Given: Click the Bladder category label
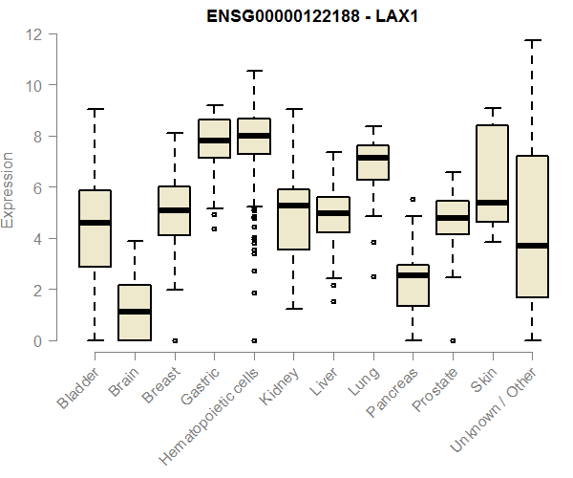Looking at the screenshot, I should click(79, 388).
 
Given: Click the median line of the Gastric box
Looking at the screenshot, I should click(214, 141).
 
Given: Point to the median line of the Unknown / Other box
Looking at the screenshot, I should click(531, 246).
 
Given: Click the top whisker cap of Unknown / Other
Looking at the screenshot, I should click(531, 41).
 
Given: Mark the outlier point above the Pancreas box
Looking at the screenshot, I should click(413, 200).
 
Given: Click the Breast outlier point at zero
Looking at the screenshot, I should click(175, 340).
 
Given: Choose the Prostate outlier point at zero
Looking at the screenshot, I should click(452, 340).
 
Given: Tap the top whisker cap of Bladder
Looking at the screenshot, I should click(95, 110).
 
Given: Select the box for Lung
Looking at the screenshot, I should click(372, 163).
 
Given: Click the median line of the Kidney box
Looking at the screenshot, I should click(293, 206).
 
